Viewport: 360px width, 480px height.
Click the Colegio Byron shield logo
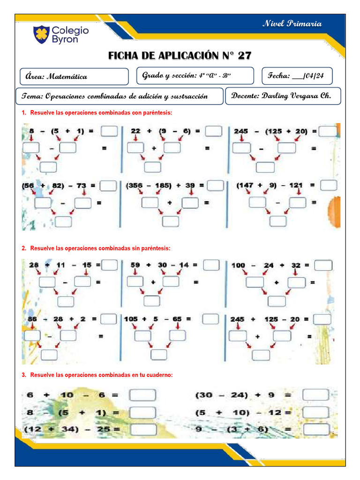point(41,34)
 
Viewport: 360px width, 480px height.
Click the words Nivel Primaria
point(292,23)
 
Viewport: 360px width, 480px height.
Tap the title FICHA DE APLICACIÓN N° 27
point(180,56)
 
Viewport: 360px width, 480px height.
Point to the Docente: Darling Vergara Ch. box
point(283,96)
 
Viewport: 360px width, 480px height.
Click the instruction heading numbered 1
point(97,113)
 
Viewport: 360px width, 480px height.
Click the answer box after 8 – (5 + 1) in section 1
point(109,131)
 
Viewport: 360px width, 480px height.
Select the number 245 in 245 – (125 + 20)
point(241,132)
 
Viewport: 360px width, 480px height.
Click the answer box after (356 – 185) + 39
point(215,186)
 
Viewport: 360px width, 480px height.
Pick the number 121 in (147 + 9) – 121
point(296,186)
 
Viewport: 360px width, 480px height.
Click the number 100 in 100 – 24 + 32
point(238,265)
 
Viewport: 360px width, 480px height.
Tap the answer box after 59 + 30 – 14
point(211,265)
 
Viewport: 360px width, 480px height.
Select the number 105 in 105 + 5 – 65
point(131,319)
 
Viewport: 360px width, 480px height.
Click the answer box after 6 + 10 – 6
point(142,395)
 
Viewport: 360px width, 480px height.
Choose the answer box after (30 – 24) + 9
point(315,395)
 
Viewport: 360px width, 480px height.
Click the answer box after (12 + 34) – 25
point(143,429)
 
